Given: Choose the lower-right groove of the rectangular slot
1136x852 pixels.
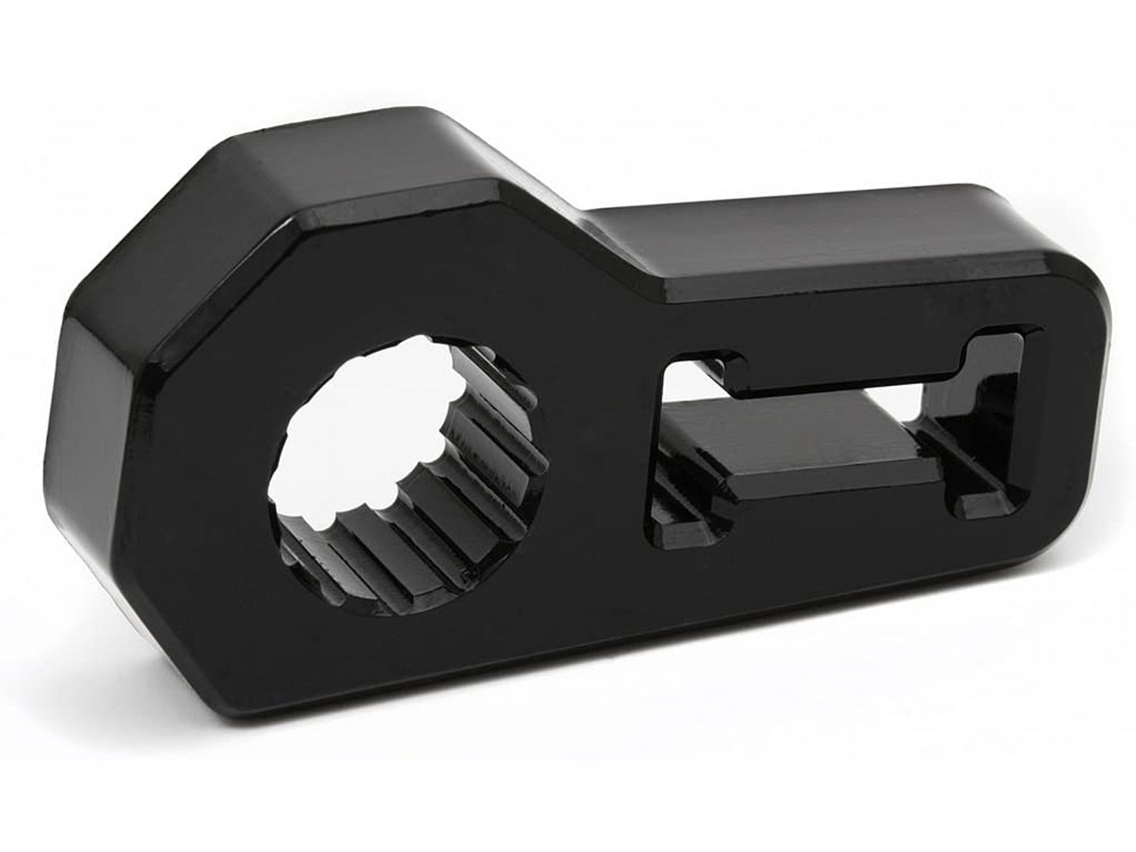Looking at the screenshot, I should click(x=976, y=496).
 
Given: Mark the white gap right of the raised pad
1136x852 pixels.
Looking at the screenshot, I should click(x=932, y=459).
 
